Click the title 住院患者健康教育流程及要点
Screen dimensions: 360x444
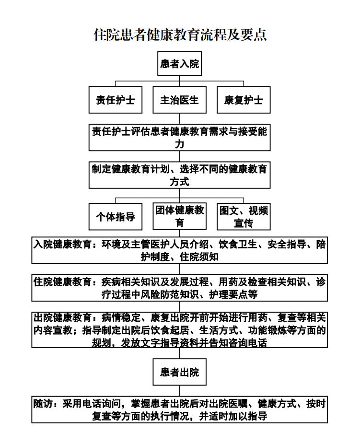[180, 35]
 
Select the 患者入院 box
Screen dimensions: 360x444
[179, 64]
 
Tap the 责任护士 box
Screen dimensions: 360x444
[116, 100]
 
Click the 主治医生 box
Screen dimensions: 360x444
[179, 100]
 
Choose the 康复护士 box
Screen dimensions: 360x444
[244, 100]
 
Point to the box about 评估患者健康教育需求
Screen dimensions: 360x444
[179, 137]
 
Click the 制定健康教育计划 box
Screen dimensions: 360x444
[179, 175]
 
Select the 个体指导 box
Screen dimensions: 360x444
[116, 217]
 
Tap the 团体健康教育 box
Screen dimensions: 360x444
[179, 216]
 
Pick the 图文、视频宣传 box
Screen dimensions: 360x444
[244, 217]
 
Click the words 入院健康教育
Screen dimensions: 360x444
[62, 244]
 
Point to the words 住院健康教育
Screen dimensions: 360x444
[62, 282]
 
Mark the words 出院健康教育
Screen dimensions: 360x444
[62, 318]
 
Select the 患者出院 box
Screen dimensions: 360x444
[179, 372]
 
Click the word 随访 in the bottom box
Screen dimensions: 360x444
[43, 404]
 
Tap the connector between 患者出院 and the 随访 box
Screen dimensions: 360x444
[179, 391]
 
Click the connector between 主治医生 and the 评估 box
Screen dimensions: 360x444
[179, 118]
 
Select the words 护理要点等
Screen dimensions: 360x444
[233, 294]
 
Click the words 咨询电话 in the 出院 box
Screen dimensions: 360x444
[248, 343]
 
